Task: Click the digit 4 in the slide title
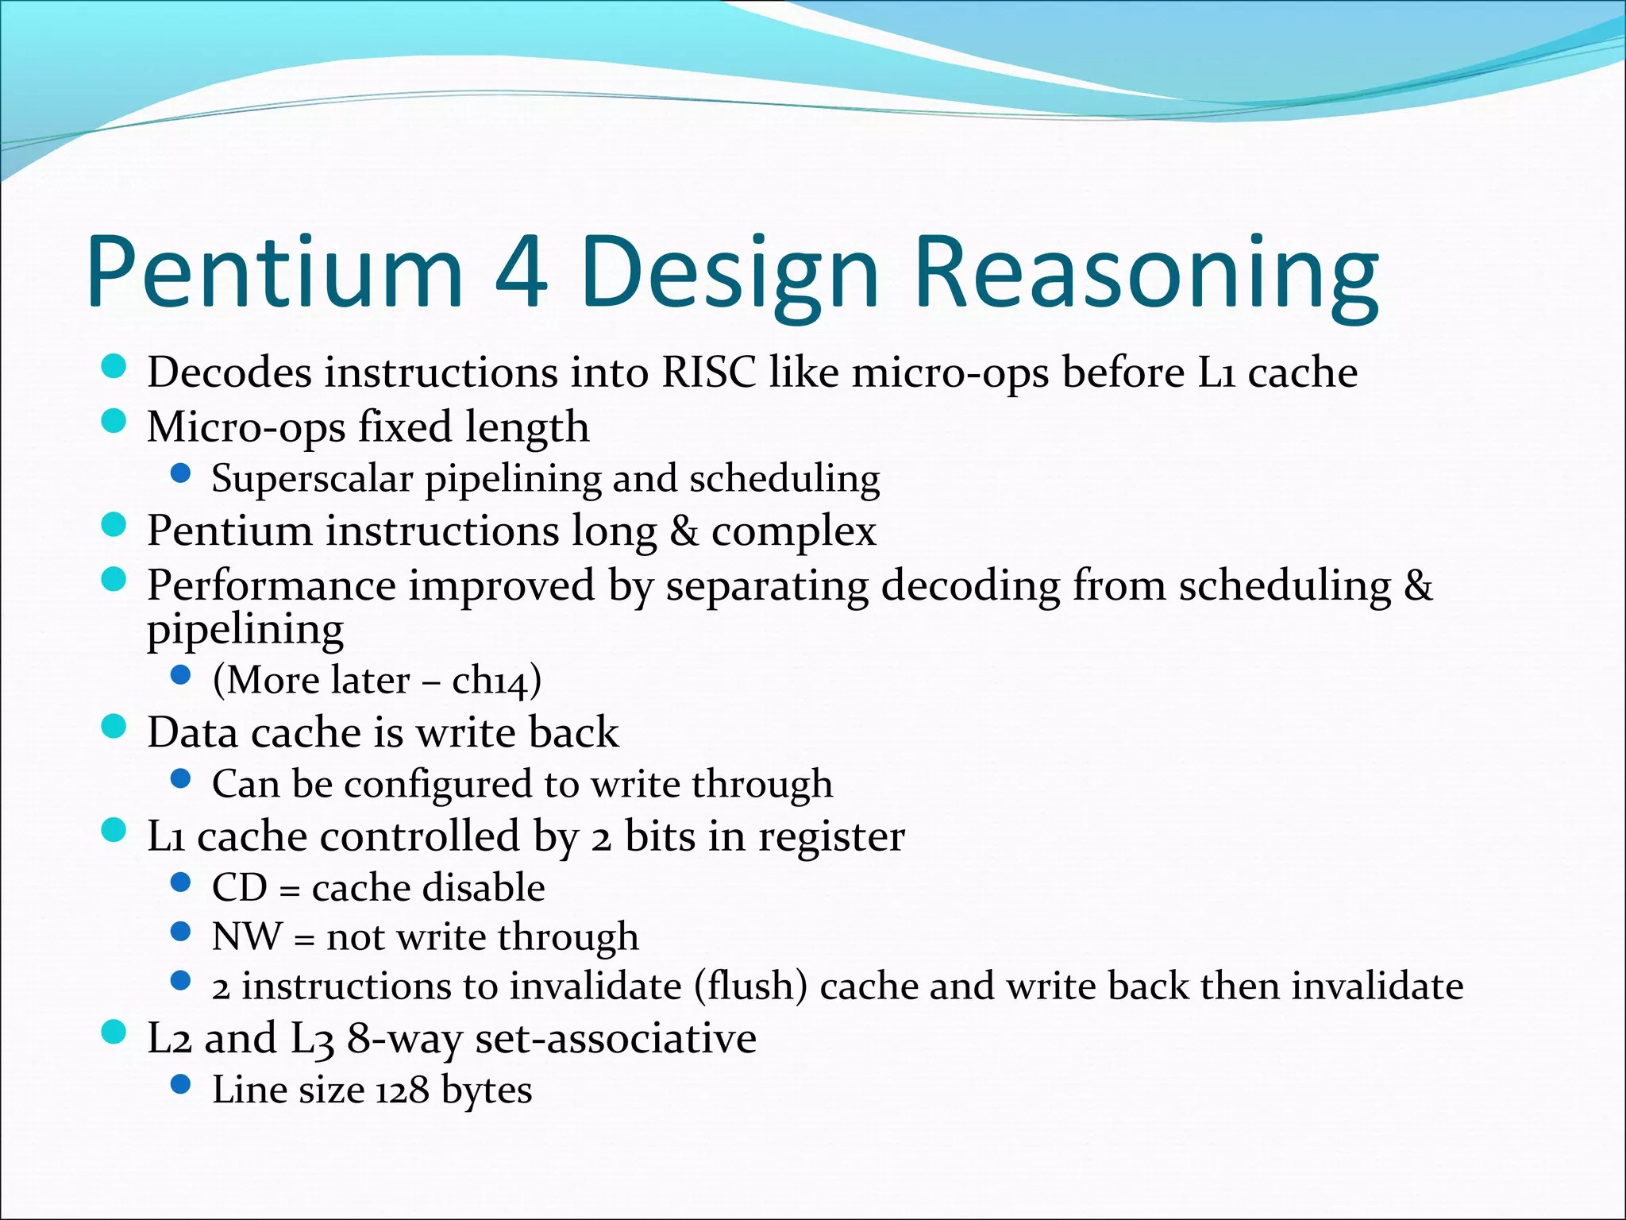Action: [x=520, y=272]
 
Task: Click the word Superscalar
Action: [x=312, y=478]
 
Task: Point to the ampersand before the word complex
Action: [x=684, y=531]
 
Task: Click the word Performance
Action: [x=272, y=585]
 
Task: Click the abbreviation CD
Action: [x=239, y=887]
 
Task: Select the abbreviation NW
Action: [x=246, y=936]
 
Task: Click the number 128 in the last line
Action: [x=402, y=1090]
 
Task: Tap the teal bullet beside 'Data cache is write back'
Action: [x=114, y=727]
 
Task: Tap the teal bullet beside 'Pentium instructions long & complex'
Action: [x=114, y=525]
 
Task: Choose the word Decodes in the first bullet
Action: [x=229, y=372]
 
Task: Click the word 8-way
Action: [x=404, y=1038]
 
